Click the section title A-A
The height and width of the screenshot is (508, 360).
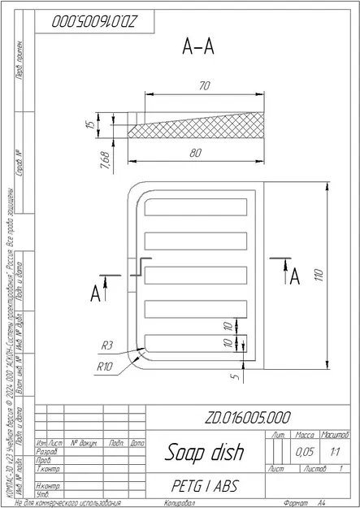197,49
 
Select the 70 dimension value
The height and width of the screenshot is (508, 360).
203,85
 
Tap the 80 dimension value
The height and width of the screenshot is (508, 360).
196,152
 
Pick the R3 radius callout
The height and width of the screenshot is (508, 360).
106,345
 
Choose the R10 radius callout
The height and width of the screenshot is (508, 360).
103,366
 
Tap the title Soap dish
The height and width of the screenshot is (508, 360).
195,451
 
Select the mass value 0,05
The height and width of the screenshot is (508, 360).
305,450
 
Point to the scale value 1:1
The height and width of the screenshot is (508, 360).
335,450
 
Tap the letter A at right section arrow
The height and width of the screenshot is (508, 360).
295,276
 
